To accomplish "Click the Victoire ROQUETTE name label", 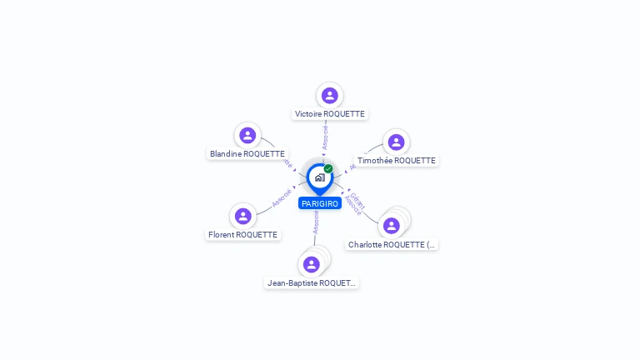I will [x=329, y=114].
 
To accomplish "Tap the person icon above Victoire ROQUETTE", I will [x=329, y=95].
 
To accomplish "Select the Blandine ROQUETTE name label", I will [x=247, y=154].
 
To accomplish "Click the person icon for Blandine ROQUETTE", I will [x=247, y=135].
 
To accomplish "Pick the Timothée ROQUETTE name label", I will [x=396, y=161].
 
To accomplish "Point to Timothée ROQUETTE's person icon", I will [x=396, y=142].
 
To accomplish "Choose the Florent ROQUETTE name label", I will [x=242, y=235].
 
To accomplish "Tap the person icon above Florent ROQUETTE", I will [x=242, y=216].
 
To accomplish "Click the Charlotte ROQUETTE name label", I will [x=392, y=245].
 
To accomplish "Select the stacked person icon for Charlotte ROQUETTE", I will [x=392, y=225].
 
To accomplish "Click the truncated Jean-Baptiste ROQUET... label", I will [x=312, y=283].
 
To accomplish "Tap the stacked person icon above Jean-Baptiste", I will [x=312, y=264].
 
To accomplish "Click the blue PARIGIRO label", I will [x=320, y=204].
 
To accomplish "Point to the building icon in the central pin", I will [x=319, y=177].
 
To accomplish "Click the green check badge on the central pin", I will [x=328, y=168].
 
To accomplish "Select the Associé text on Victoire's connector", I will [x=325, y=137].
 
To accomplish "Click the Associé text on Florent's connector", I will [x=282, y=198].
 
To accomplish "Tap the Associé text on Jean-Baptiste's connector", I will [x=316, y=221].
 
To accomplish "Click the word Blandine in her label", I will [x=226, y=154].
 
